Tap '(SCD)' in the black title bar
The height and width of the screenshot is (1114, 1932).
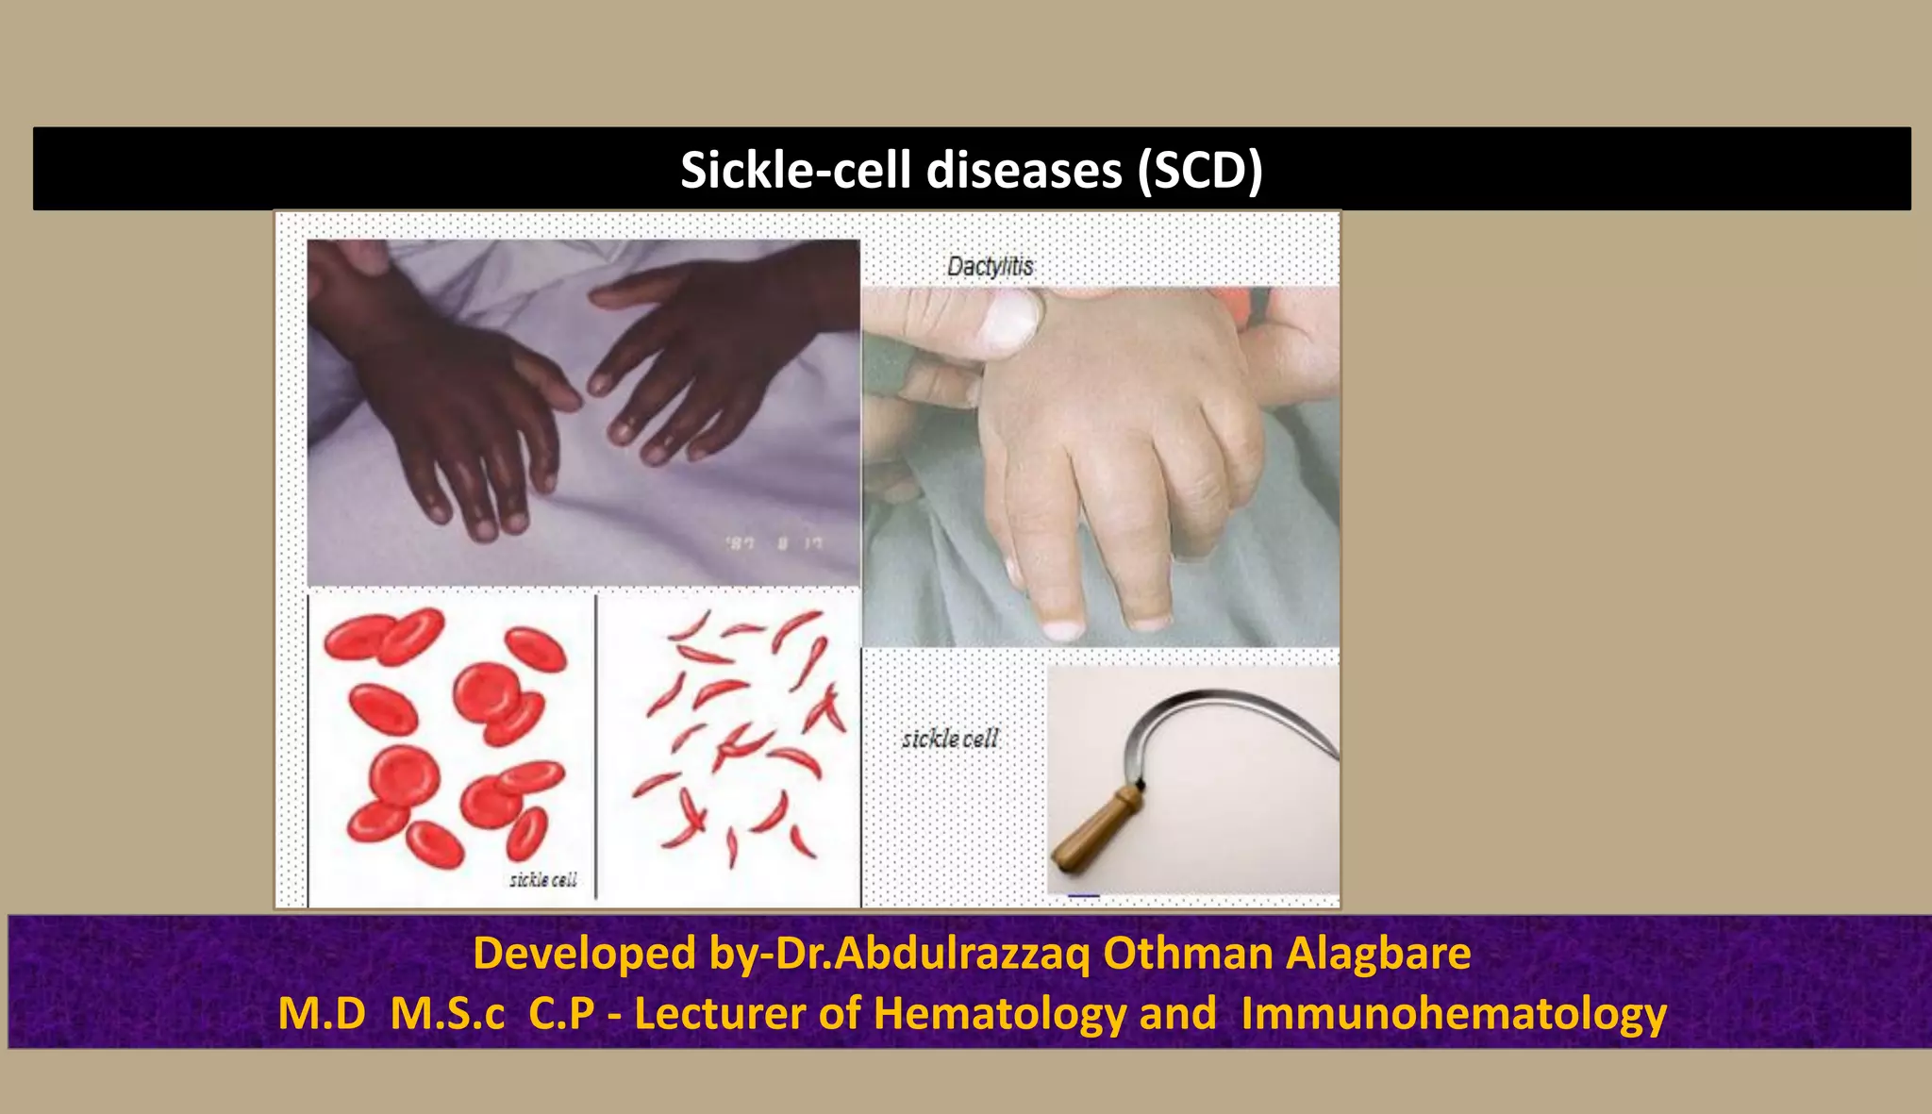(1200, 171)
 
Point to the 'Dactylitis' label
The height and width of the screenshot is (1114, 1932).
(990, 267)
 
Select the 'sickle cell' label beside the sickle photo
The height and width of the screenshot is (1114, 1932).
(949, 740)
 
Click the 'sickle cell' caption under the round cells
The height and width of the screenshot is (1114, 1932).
(542, 880)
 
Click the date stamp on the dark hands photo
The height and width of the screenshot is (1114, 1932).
(774, 543)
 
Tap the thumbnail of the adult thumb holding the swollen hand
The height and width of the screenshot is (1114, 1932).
(1008, 318)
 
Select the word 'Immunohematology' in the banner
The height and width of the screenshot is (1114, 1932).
(1454, 1014)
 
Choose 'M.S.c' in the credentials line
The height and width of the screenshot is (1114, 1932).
(447, 1014)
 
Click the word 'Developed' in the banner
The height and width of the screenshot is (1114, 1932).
(585, 953)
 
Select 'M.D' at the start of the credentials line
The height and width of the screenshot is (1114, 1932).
(322, 1014)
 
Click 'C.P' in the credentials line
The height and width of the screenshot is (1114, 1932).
(561, 1014)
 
